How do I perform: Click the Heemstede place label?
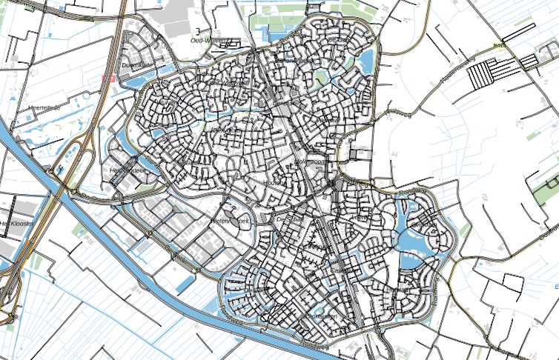44,108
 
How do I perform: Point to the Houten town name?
274,182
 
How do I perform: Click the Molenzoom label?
311,161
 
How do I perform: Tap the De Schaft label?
290,219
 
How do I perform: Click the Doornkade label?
135,64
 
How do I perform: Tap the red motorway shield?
107,77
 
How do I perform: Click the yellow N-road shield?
500,46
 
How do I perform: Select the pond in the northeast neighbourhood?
366,59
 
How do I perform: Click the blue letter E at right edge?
556,285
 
